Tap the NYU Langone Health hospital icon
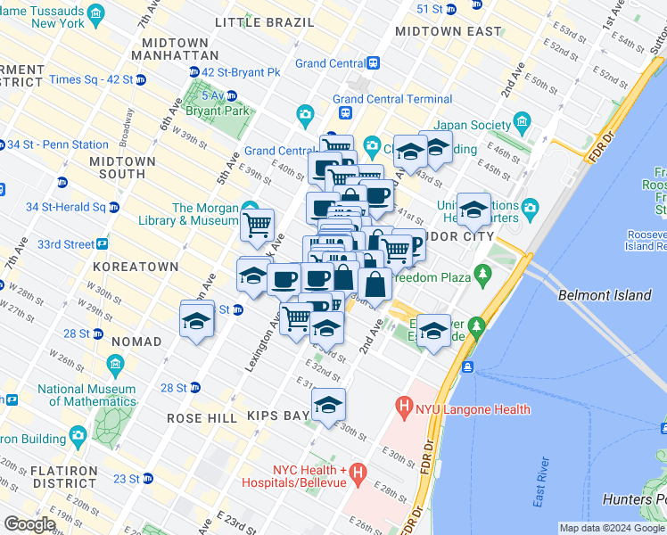point(404,409)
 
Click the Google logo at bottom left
point(29,524)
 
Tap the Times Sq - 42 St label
point(91,79)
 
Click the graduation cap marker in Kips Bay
point(328,406)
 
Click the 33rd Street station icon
point(103,243)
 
